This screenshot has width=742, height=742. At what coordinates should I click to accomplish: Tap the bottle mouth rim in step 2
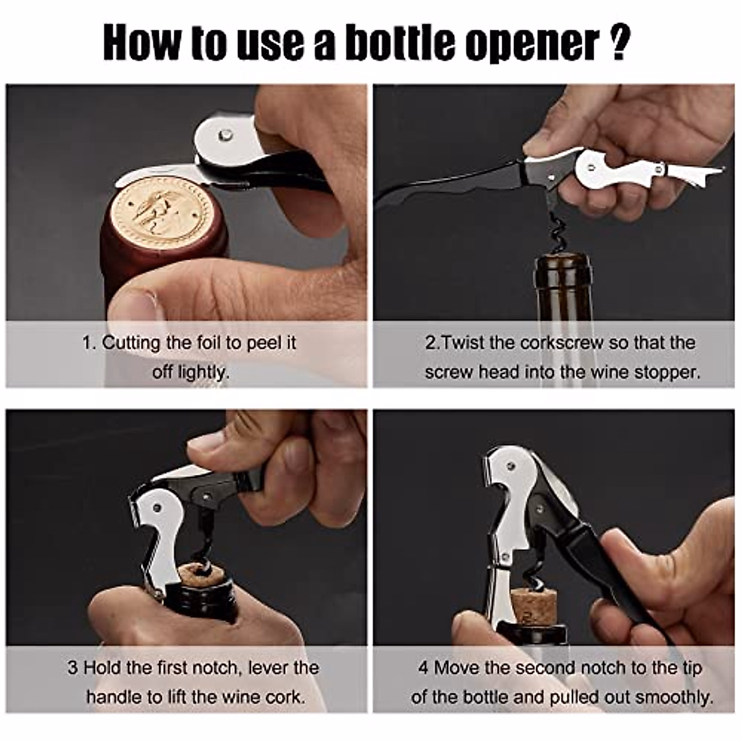(563, 260)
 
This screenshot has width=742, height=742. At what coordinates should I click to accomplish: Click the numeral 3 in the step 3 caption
(72, 668)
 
